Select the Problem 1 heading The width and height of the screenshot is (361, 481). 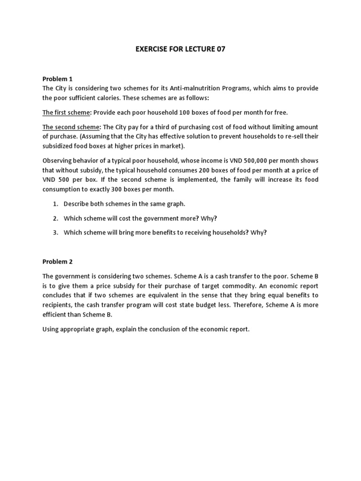pos(58,78)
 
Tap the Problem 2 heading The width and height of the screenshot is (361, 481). pos(58,261)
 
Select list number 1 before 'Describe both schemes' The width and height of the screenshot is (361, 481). pos(55,204)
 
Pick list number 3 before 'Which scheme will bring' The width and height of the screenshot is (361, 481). pos(55,232)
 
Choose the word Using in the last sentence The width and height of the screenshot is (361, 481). pos(51,329)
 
